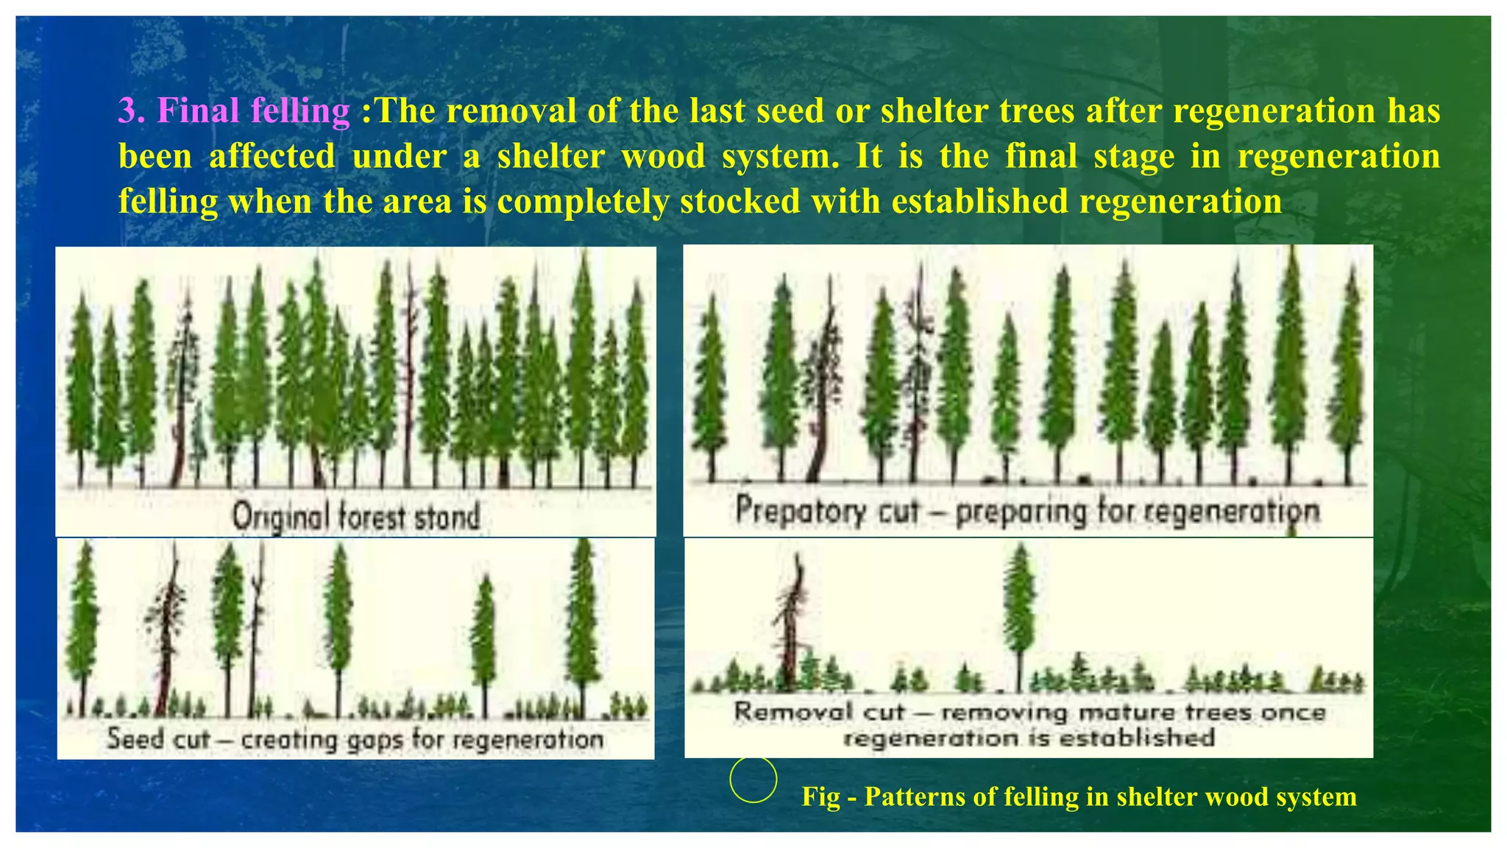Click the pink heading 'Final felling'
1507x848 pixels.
click(x=254, y=111)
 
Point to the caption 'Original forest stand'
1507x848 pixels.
click(x=356, y=517)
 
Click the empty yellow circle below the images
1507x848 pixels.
click(x=753, y=779)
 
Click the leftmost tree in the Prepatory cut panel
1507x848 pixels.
click(x=711, y=383)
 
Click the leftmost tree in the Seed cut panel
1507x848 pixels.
click(x=82, y=618)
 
